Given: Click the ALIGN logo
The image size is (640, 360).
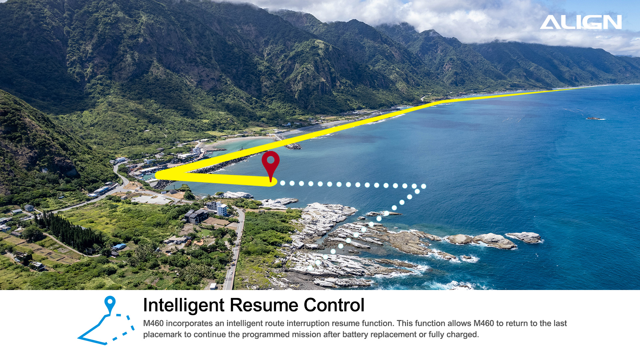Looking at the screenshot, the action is click(x=581, y=22).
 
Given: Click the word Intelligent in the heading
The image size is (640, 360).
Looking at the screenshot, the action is click(x=184, y=305).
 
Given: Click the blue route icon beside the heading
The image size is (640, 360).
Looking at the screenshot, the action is click(x=106, y=320).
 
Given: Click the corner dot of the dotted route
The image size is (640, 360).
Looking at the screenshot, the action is click(x=424, y=186).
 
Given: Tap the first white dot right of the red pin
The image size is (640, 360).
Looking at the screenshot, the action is click(x=283, y=183).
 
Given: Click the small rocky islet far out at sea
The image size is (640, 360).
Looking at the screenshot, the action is click(x=595, y=118).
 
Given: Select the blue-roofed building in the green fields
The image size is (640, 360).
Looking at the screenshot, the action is click(x=120, y=247).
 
